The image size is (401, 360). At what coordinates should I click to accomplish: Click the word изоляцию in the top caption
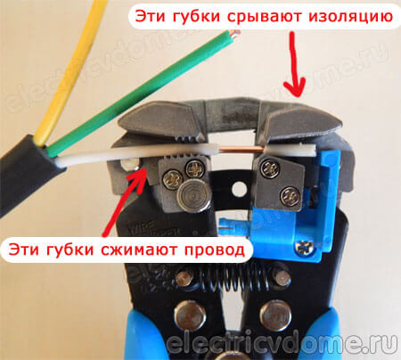click(x=350, y=17)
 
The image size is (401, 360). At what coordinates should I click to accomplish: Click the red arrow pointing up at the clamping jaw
click(x=124, y=202)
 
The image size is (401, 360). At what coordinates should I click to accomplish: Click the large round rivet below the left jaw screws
click(x=193, y=197)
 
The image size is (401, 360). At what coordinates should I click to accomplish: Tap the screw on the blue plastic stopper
click(x=305, y=247)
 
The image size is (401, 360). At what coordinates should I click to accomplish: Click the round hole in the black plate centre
click(x=239, y=189)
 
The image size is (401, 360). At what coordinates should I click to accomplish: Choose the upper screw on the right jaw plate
click(x=270, y=168)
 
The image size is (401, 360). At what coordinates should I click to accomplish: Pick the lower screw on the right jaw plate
click(x=290, y=196)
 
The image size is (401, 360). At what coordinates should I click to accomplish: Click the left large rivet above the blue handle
click(x=190, y=316)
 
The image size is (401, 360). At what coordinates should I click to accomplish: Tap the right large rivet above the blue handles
click(x=275, y=315)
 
